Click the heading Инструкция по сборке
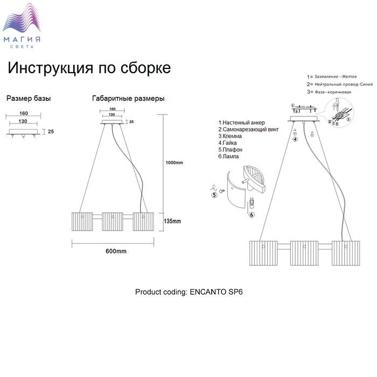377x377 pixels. coord(89,68)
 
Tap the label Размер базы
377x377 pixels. coord(29,99)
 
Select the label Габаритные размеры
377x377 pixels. coord(128,99)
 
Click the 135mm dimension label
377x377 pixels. coord(172,221)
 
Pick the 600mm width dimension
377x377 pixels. coord(116,251)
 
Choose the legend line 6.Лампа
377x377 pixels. coord(229,157)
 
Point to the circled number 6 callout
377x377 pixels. coord(252,214)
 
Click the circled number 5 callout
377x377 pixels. coord(215,196)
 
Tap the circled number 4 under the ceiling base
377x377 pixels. coord(295,139)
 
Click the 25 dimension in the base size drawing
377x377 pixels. coord(51,131)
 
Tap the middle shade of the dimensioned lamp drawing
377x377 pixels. coord(114,222)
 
